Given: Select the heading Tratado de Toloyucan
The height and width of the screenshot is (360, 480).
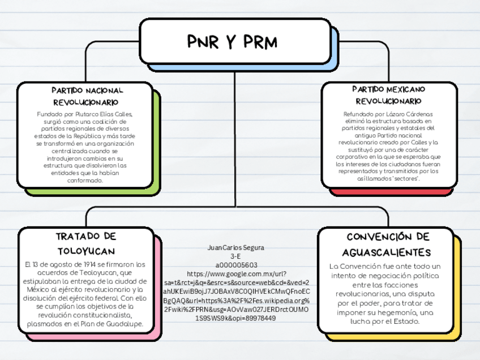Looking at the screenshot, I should point(86,243).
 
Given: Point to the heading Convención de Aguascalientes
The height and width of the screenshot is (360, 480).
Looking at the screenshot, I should point(388,244).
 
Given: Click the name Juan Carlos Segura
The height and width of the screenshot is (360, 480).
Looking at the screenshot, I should point(236,248).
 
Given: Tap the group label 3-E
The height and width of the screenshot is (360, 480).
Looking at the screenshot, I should point(236,256).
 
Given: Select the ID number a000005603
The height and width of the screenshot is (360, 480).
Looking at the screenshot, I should point(236,265).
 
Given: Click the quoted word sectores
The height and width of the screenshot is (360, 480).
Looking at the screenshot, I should point(406,178).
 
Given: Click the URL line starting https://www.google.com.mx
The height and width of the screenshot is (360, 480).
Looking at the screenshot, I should point(236,274).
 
